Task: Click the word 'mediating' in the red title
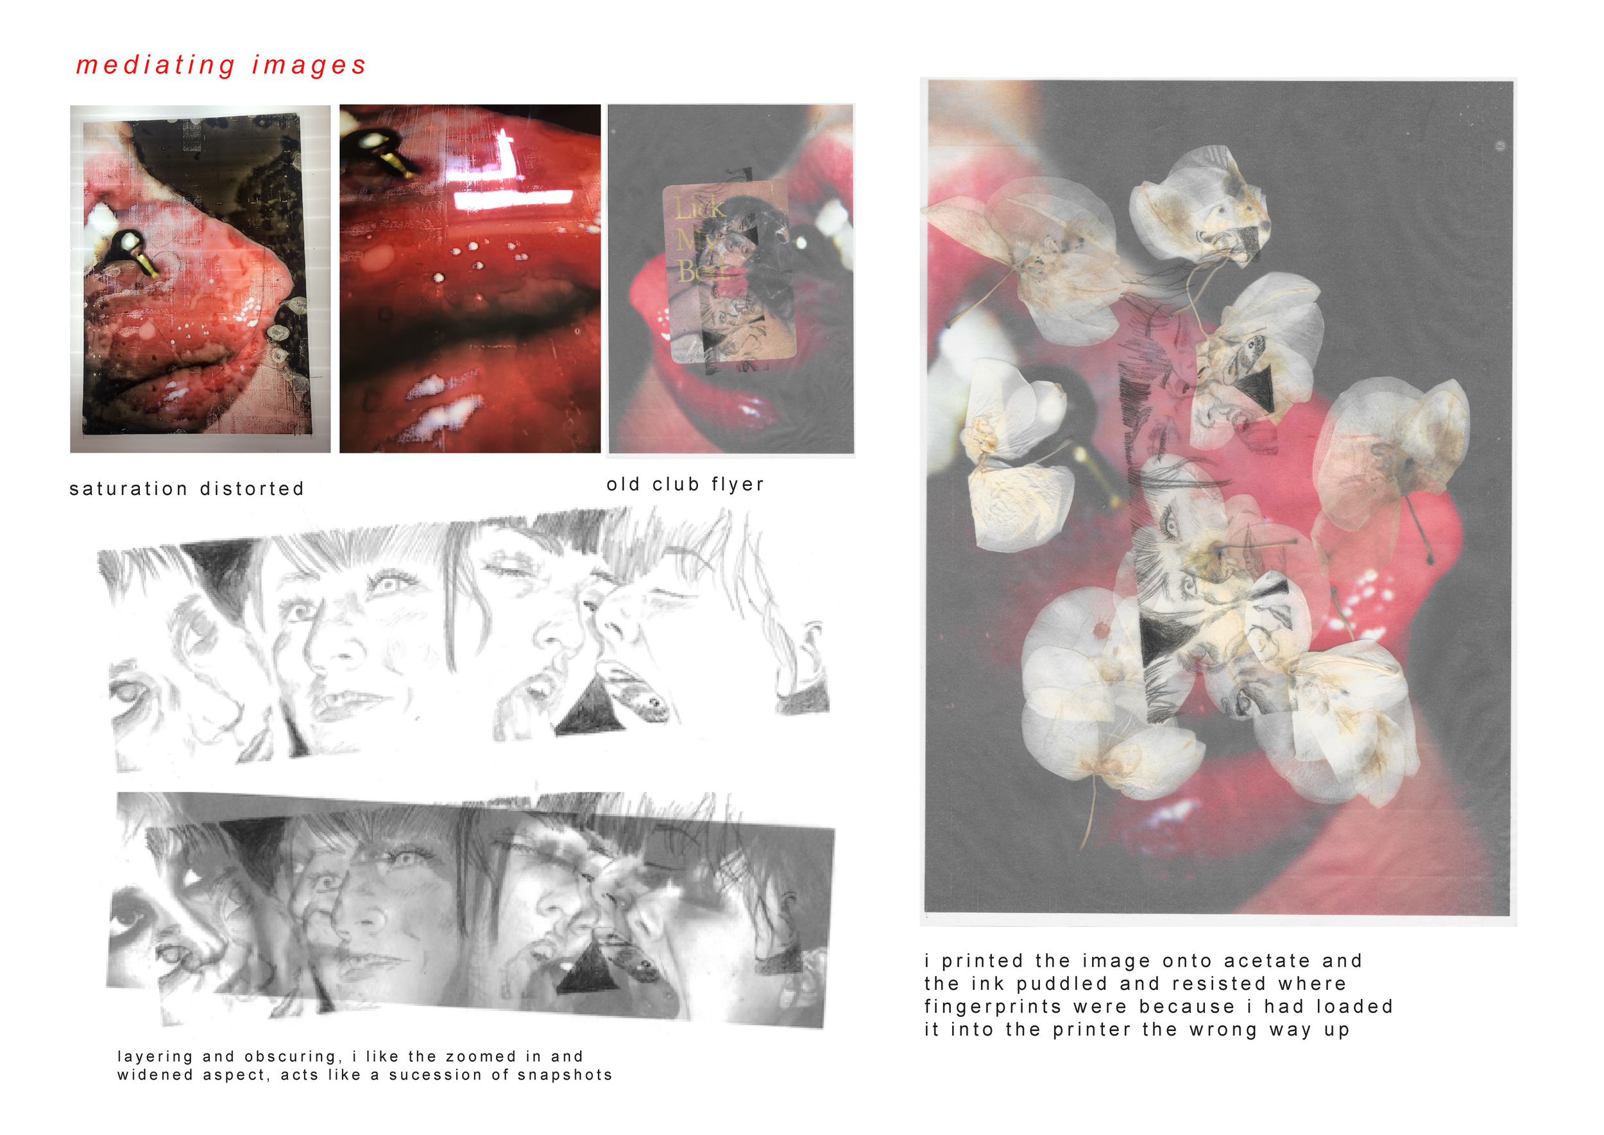point(155,65)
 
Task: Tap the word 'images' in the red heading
point(309,65)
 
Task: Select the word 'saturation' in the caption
point(128,489)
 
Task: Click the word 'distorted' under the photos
point(252,489)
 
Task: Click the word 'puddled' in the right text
point(1062,984)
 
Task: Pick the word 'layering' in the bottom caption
point(155,1057)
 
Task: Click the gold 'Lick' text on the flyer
point(699,207)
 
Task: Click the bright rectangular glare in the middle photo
point(513,200)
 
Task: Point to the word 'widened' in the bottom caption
point(155,1075)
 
